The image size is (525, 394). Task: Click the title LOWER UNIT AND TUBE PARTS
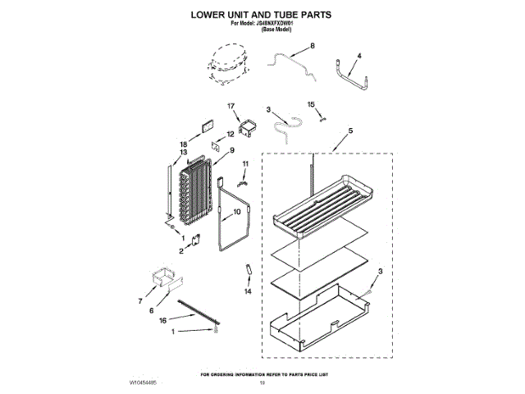[x=262, y=16]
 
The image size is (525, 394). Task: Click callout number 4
[x=358, y=56]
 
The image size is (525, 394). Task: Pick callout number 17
[x=231, y=106]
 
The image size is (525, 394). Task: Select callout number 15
[x=311, y=104]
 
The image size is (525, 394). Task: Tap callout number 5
[x=350, y=131]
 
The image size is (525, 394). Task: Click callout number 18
[x=183, y=144]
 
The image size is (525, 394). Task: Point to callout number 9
[x=232, y=150]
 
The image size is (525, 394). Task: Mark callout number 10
[x=238, y=211]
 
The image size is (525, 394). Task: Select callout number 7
[x=139, y=301]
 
